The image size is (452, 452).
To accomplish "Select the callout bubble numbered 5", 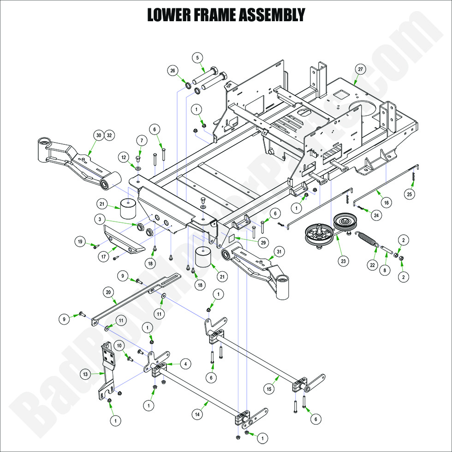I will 197,58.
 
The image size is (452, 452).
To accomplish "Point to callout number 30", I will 98,135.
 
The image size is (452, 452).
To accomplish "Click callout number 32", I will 109,135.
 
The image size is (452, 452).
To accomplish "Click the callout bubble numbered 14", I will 197,415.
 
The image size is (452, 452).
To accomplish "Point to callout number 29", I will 250,242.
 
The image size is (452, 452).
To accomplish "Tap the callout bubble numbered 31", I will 278,251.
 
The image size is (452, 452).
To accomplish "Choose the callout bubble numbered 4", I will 185,364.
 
